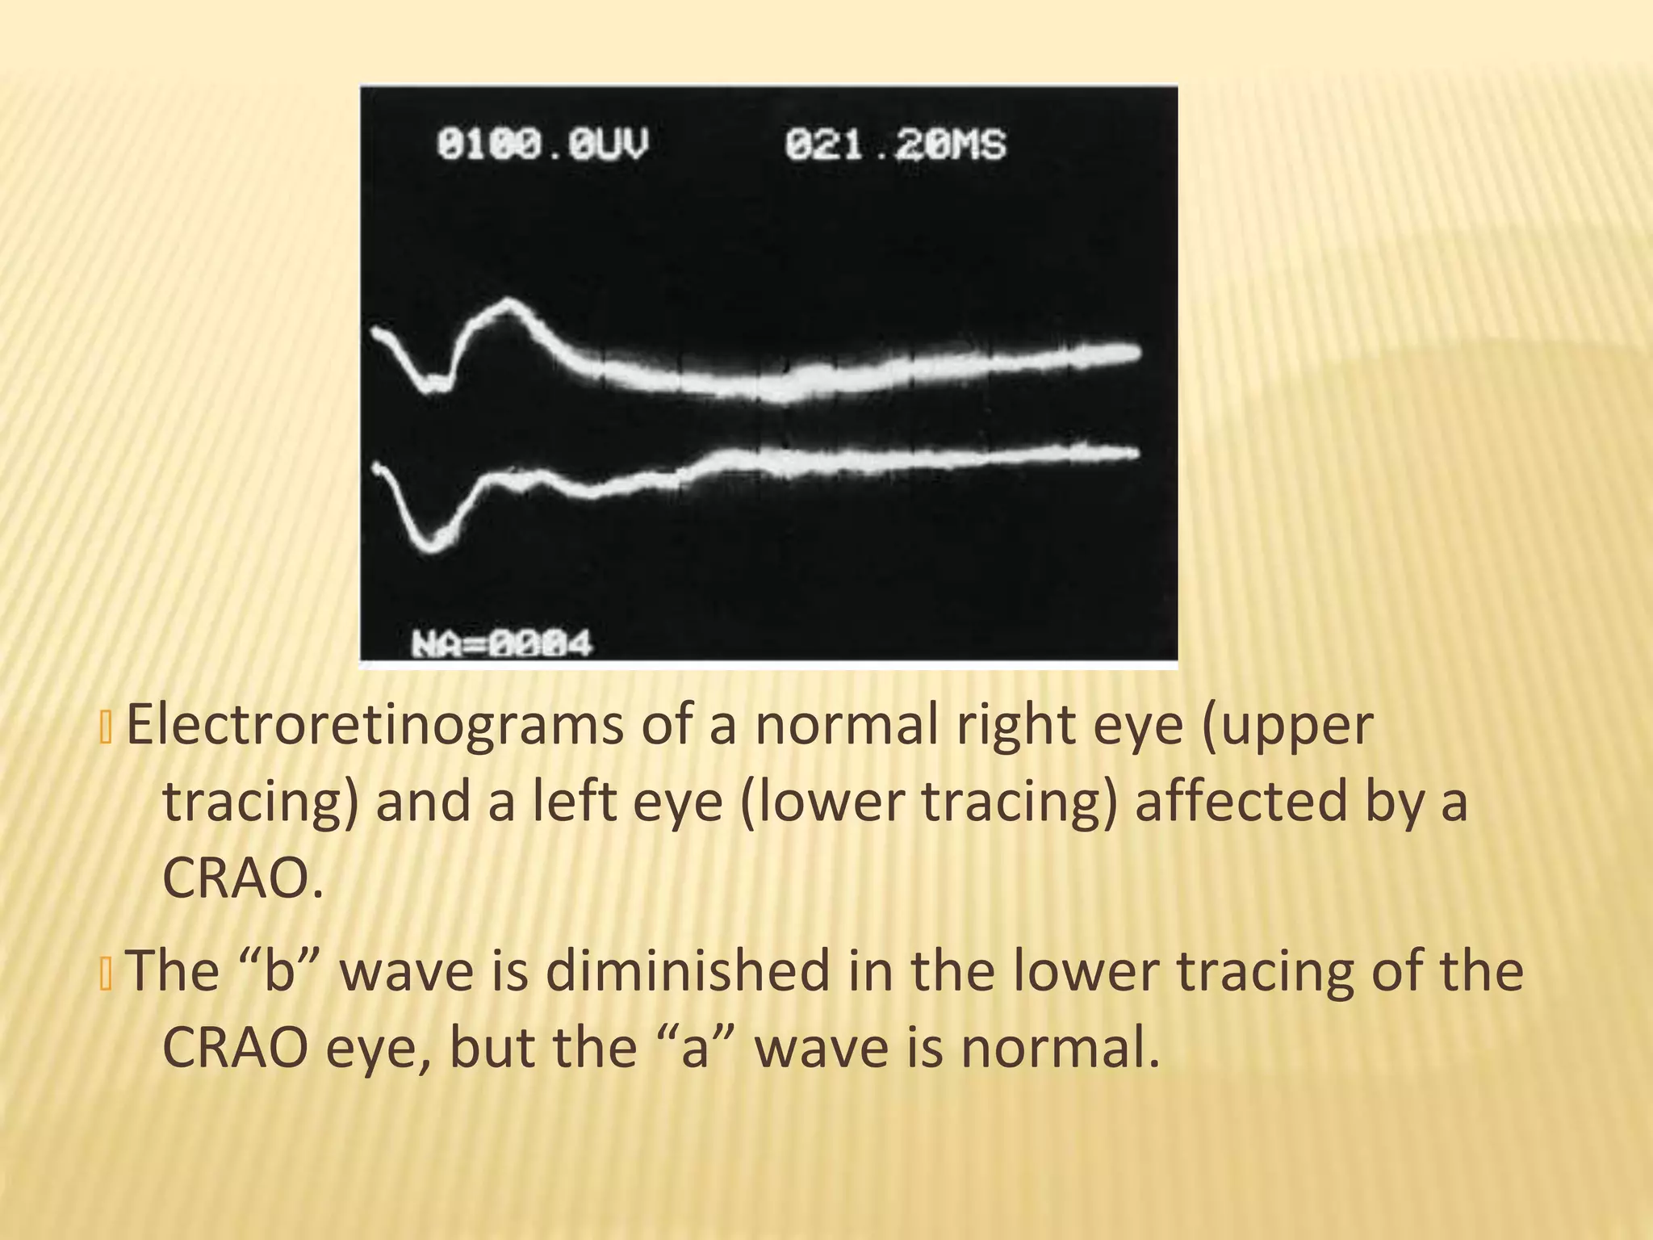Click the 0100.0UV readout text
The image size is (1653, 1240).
(542, 145)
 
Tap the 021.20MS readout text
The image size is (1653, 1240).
(895, 145)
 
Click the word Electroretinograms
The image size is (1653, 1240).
(375, 726)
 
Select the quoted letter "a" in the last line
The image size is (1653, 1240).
(695, 1047)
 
